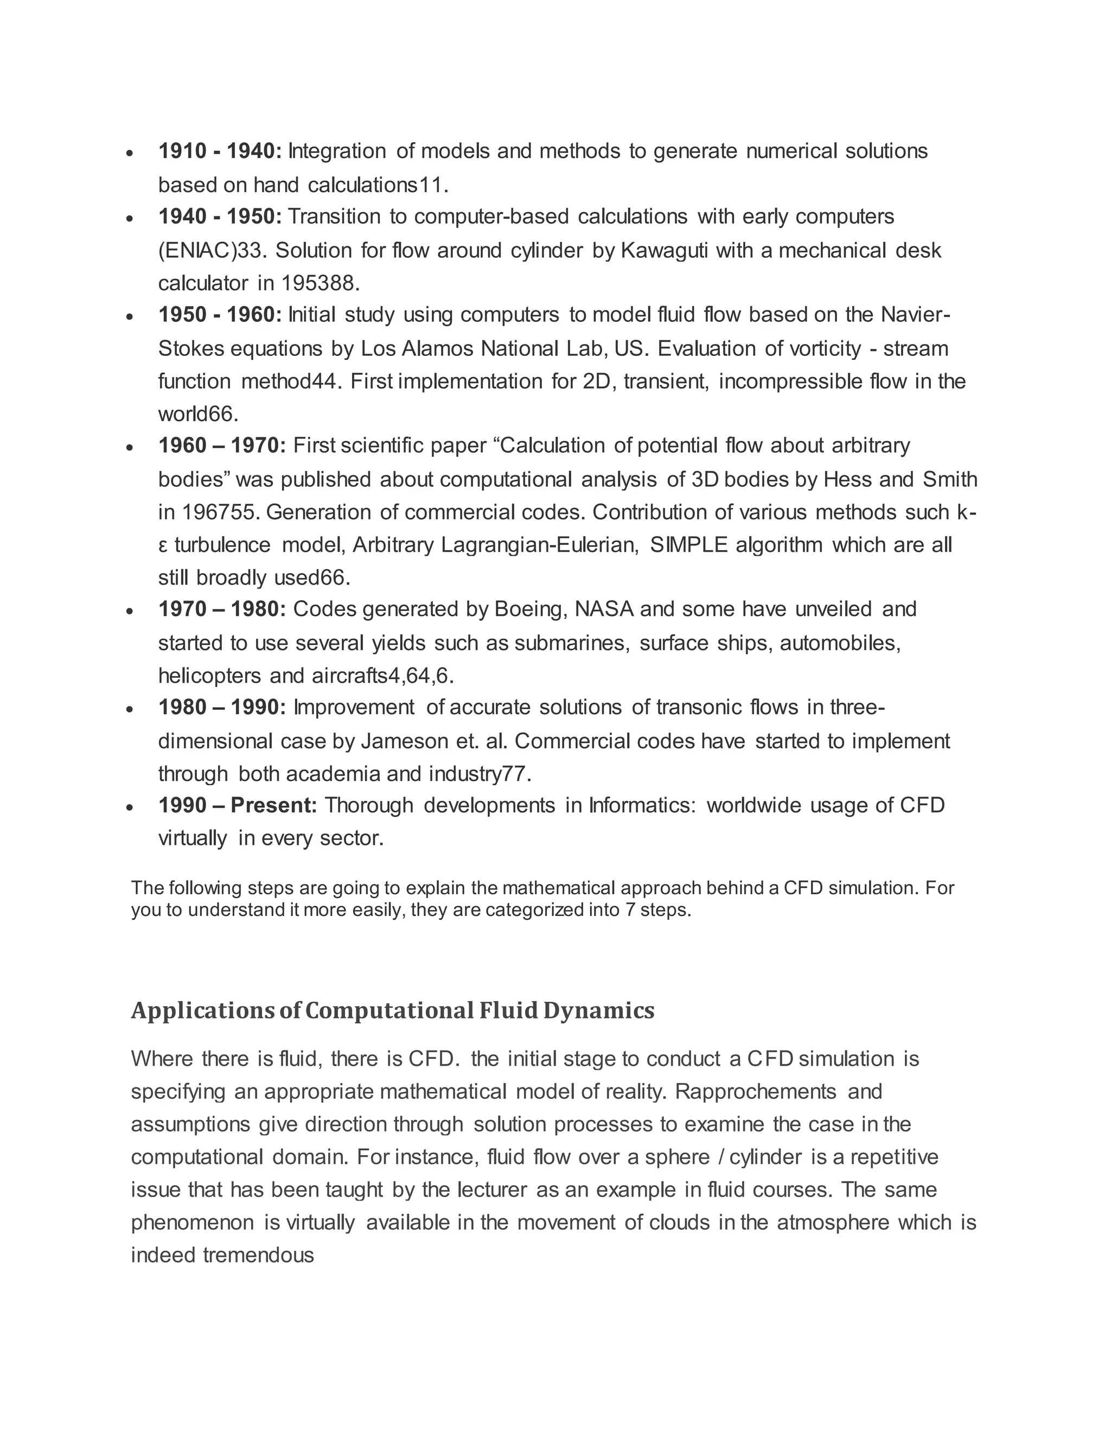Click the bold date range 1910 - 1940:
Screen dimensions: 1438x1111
[220, 151]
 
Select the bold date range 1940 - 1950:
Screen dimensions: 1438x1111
[220, 217]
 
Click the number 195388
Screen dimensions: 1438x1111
[320, 283]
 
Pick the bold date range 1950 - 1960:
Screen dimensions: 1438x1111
[220, 315]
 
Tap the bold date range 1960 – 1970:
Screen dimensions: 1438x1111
[222, 446]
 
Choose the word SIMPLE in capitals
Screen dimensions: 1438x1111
[688, 545]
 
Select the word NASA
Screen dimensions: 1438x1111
[604, 609]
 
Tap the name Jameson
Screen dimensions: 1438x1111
[404, 741]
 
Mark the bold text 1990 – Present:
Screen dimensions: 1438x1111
[238, 805]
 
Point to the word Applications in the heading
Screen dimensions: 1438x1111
[202, 1010]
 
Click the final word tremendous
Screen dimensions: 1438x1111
[258, 1255]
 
